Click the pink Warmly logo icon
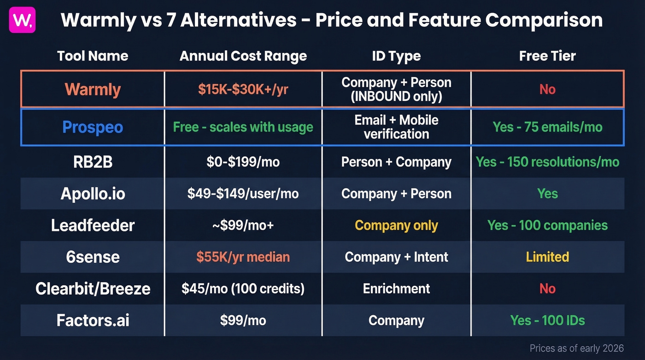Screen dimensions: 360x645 [22, 20]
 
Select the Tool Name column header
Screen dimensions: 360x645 [93, 56]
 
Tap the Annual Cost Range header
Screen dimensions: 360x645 [243, 56]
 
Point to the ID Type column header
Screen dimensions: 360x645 [396, 56]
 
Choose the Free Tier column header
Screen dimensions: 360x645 [547, 56]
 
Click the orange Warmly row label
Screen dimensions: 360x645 [93, 89]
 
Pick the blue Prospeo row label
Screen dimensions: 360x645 [93, 127]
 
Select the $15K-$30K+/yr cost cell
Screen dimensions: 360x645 [243, 89]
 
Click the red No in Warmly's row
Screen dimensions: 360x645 [547, 89]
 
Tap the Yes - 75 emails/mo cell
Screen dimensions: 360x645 [547, 127]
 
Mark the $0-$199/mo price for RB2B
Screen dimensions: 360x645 [243, 162]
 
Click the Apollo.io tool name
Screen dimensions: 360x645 [93, 194]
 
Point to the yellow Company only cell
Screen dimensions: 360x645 [396, 225]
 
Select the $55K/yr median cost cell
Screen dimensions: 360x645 [243, 257]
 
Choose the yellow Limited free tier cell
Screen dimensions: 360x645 [547, 257]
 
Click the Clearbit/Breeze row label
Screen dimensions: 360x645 [93, 289]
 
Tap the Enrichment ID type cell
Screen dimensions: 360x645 [396, 289]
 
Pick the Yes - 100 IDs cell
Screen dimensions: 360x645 [547, 320]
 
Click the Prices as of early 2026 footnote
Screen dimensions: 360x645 [576, 348]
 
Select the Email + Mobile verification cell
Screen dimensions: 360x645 [396, 127]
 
